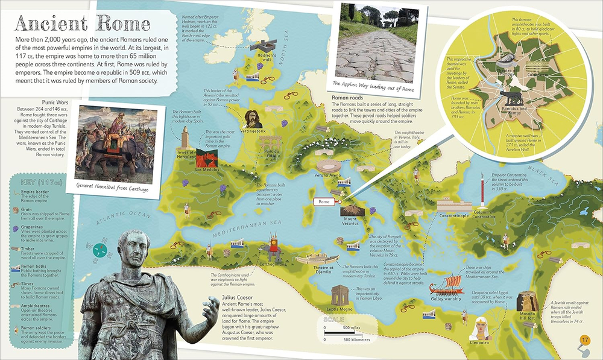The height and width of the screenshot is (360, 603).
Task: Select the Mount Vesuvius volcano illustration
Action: click(350, 207)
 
